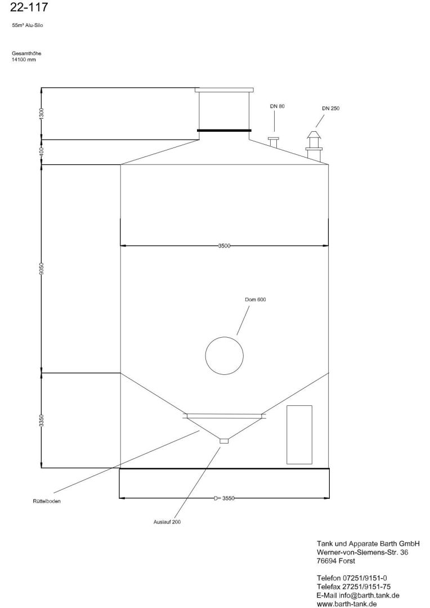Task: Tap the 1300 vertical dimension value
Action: point(42,113)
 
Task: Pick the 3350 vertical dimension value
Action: point(42,421)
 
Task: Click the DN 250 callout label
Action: point(330,108)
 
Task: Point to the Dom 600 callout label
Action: point(255,299)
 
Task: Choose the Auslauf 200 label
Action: point(167,522)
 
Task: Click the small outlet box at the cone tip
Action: point(224,441)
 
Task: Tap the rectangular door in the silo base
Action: point(299,434)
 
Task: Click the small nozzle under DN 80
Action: point(273,141)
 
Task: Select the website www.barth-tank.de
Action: point(347,603)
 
